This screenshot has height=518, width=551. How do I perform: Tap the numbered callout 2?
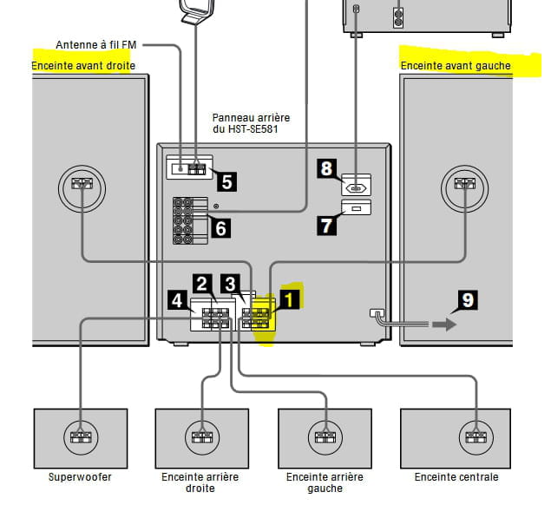pos(202,284)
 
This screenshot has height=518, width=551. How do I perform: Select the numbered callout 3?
pos(230,284)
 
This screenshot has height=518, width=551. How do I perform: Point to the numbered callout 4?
pos(177,301)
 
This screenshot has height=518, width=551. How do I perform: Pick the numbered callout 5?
pos(226,181)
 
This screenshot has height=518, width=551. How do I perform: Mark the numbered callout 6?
pos(220,228)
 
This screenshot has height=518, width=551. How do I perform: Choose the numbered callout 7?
pos(326,225)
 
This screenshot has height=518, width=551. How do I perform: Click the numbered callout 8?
pos(326,168)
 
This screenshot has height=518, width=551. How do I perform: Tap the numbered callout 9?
pos(468,301)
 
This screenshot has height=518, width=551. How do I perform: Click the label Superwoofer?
pos(80,477)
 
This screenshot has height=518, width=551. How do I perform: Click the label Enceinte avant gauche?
pos(456,66)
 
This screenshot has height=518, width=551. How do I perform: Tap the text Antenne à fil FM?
pos(95,44)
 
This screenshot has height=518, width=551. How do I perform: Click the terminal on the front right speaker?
pos(81,184)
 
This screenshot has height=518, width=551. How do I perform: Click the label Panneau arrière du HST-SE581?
pos(251,123)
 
